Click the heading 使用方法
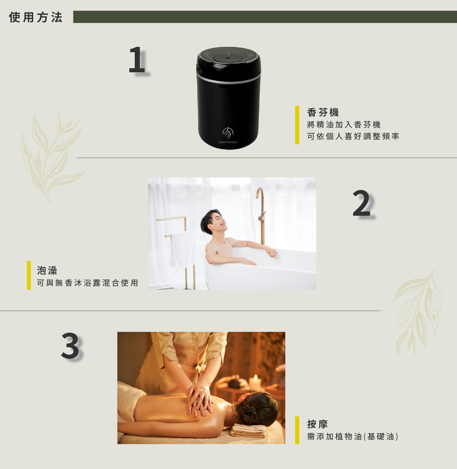pos(36,17)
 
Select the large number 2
pos(361,203)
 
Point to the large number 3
pos(70,346)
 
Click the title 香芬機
pos(323,112)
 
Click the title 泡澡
pos(47,270)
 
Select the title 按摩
pos(317,424)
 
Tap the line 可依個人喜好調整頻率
pos(353,136)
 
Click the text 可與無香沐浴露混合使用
pos(87,283)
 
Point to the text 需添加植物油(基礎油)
pos(352,437)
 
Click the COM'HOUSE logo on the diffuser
pos(228,135)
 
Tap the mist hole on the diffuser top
pos(228,58)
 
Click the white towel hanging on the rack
pos(182,250)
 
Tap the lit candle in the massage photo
pos(255,383)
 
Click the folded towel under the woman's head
pos(248,431)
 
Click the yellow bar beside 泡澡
pos(29,275)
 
